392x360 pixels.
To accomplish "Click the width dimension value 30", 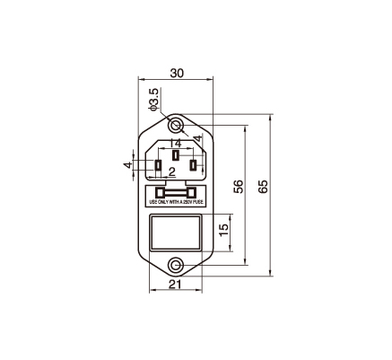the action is [x=177, y=73].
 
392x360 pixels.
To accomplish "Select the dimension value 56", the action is [x=238, y=187].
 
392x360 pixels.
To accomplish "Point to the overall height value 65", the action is [x=263, y=187].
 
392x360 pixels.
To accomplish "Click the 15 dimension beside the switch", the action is [x=224, y=230].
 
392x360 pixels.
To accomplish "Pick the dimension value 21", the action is [x=175, y=285].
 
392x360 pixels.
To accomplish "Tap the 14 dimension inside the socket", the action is [x=176, y=144].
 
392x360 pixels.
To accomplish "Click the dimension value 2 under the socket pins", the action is [x=172, y=171].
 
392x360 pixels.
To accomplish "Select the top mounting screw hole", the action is [x=176, y=125].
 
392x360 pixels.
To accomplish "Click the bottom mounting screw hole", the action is [x=176, y=265].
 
